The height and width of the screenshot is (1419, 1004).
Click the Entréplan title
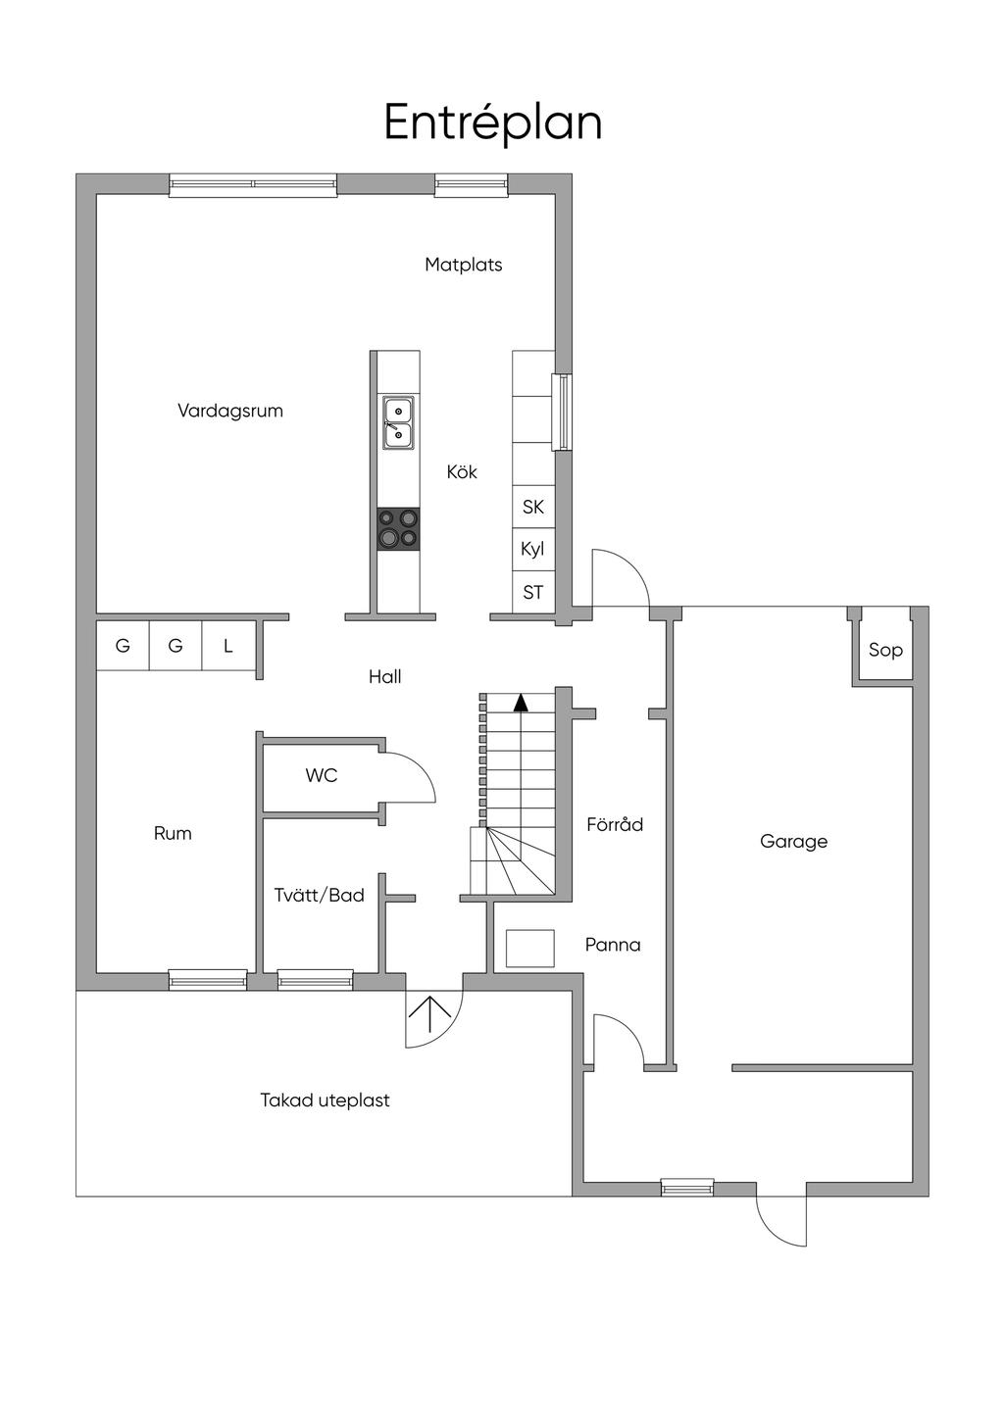pos(492,122)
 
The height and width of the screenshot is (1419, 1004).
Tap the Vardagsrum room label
pos(230,412)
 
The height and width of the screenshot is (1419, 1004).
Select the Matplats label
pos(464,265)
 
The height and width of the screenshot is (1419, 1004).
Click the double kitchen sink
pos(398,422)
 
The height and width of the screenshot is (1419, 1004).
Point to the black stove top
pos(398,528)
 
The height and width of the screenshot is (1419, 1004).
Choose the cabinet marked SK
pos(533,507)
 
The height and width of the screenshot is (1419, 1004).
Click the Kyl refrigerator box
pos(533,549)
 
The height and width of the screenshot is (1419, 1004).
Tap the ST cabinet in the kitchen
pos(533,592)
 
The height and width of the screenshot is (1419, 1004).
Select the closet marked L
pos(228,646)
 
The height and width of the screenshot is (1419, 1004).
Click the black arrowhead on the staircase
pos(521,702)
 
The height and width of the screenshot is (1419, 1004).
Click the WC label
pos(322,775)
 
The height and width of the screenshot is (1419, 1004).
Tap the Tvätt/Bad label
pos(319,895)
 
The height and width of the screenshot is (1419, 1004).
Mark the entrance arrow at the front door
pos(429,1014)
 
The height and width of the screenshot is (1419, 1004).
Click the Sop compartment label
pos(885,651)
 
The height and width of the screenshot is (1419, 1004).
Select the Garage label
pos(793,842)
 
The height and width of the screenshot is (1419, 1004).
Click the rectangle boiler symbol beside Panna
pos(529,949)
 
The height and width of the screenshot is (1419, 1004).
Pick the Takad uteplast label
pos(325,1101)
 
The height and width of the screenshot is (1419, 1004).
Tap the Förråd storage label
pos(615,824)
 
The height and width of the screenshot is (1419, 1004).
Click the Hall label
pos(384,676)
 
